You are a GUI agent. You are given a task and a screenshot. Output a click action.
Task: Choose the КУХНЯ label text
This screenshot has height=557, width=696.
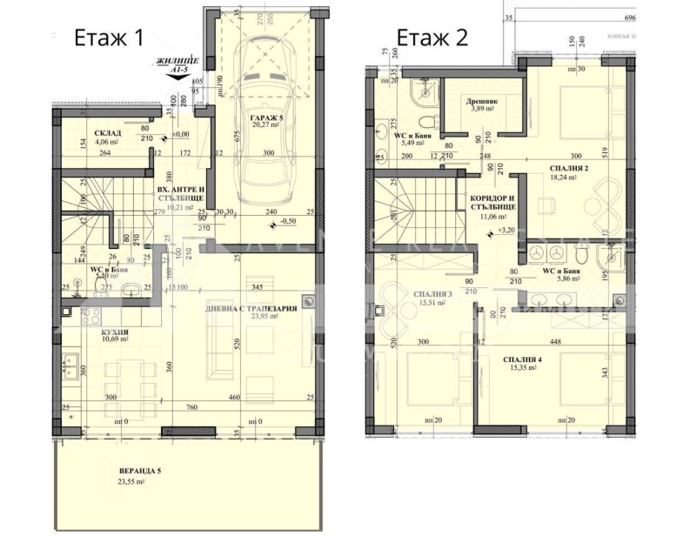(91, 331)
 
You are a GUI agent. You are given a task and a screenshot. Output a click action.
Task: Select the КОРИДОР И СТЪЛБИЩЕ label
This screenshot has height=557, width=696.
(492, 203)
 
